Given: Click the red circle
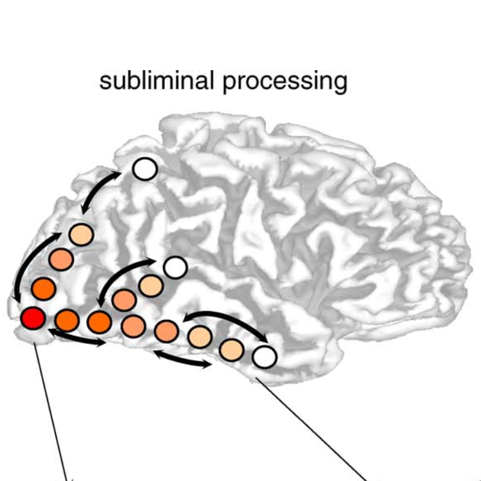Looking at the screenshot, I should coord(32,318).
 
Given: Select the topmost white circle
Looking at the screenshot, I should coord(145,169).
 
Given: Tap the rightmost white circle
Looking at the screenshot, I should coord(264,356).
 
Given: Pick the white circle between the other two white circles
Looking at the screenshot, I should coord(174,267).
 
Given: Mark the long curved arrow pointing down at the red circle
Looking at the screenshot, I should coord(29,264).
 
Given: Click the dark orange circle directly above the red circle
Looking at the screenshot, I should coord(43,287).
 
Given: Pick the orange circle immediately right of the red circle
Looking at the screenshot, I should coord(66,319).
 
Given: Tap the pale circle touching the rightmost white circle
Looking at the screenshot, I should coord(231,348).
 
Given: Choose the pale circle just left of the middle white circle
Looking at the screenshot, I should coord(150,285).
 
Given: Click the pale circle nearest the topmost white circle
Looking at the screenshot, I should coord(81,234).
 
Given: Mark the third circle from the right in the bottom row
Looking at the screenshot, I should coord(200,336).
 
